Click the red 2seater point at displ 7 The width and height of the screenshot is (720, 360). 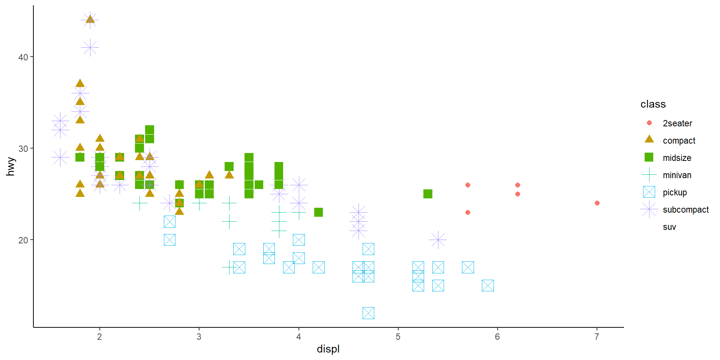coord(597,203)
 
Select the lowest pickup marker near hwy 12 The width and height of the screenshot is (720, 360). coord(368,313)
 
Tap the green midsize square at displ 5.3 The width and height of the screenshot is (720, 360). coord(428,194)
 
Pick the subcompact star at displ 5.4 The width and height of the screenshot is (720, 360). coord(438,240)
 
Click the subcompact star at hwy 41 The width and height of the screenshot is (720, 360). coord(90,48)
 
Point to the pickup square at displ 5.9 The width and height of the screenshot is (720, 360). coord(487,285)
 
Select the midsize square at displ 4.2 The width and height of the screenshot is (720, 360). coord(318,212)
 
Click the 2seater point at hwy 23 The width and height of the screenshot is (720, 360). coord(468,212)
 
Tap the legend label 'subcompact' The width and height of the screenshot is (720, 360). coord(685,210)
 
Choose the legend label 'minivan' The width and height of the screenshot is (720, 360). coord(677,175)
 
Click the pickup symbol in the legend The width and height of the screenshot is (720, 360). coord(649,192)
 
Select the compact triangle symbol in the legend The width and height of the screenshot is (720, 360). coord(649,140)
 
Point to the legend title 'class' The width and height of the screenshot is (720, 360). coord(653,104)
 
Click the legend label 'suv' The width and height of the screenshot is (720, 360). coord(669,227)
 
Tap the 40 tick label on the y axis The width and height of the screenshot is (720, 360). coord(23,57)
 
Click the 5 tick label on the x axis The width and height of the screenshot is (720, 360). coord(398,337)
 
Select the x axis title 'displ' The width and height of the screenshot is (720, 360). coord(328,349)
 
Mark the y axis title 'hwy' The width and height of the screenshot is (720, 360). coord(10,166)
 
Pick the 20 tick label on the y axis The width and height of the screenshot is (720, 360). coord(23,240)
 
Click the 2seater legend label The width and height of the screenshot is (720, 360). coord(677,123)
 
